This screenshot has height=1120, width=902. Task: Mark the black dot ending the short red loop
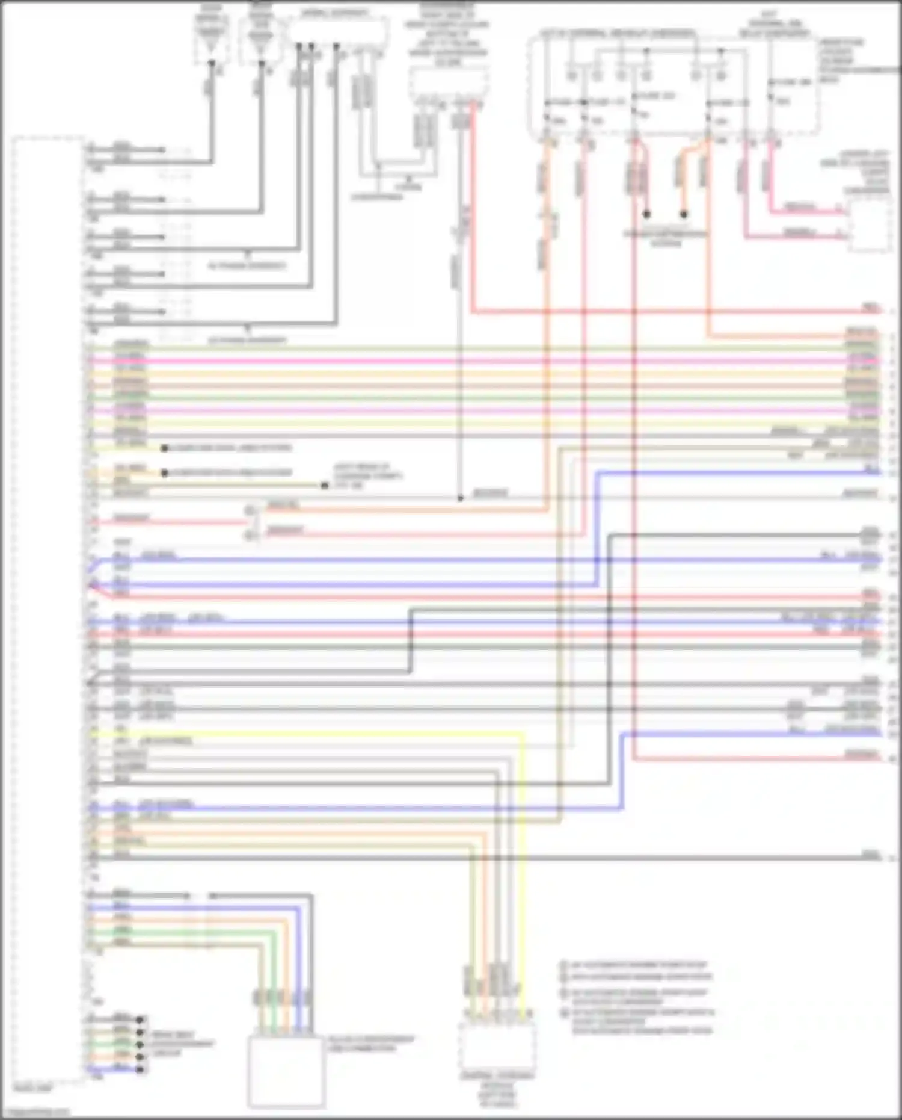click(647, 214)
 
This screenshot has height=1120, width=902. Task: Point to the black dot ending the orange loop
click(684, 214)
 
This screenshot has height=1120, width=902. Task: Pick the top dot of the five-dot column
click(140, 1019)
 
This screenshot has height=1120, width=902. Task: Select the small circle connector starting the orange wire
click(250, 510)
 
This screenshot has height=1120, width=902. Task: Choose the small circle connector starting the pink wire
click(250, 535)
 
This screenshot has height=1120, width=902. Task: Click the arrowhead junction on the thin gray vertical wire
click(460, 498)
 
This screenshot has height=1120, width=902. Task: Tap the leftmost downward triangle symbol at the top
click(211, 63)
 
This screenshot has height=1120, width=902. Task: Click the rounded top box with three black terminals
click(337, 30)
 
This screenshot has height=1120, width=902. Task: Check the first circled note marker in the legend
click(564, 964)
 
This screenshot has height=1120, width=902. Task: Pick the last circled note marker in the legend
click(564, 1013)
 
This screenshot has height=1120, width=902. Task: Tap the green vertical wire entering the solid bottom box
click(274, 975)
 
